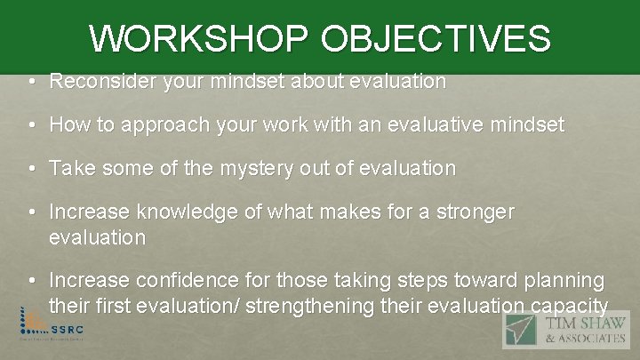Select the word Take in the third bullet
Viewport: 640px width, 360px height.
click(69, 168)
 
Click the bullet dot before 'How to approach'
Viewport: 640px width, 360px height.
click(32, 125)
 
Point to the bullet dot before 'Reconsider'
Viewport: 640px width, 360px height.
click(32, 82)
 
